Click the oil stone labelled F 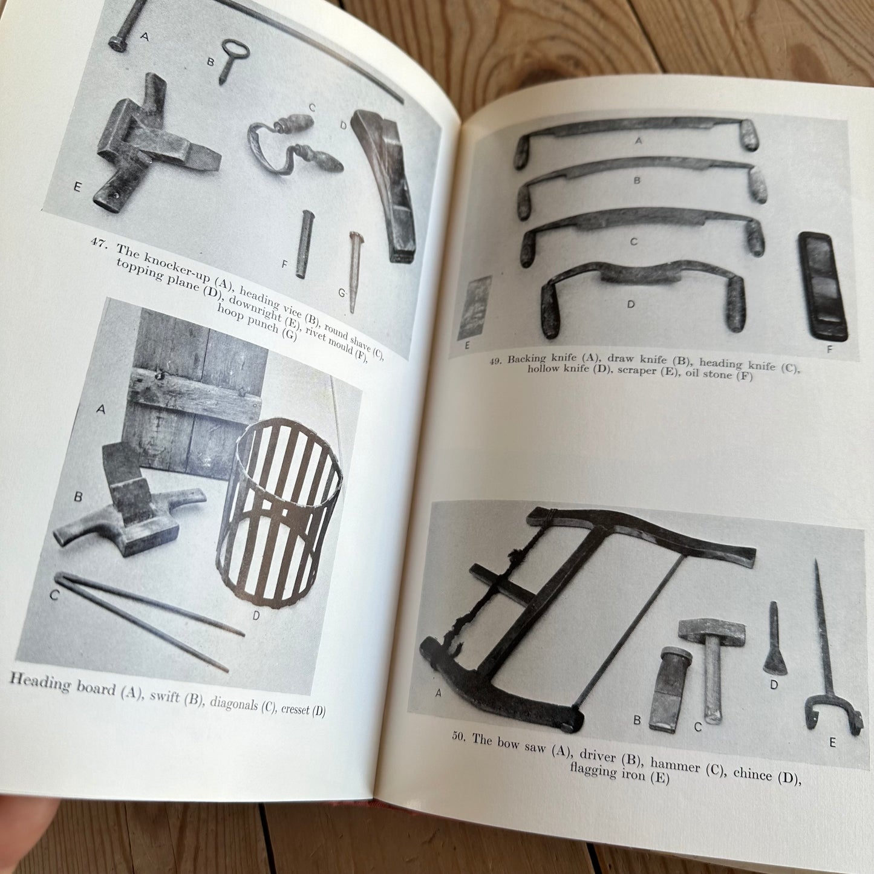coord(823,286)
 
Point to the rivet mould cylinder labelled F coord(304,244)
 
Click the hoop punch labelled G coord(354,272)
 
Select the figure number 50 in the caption coord(459,735)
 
